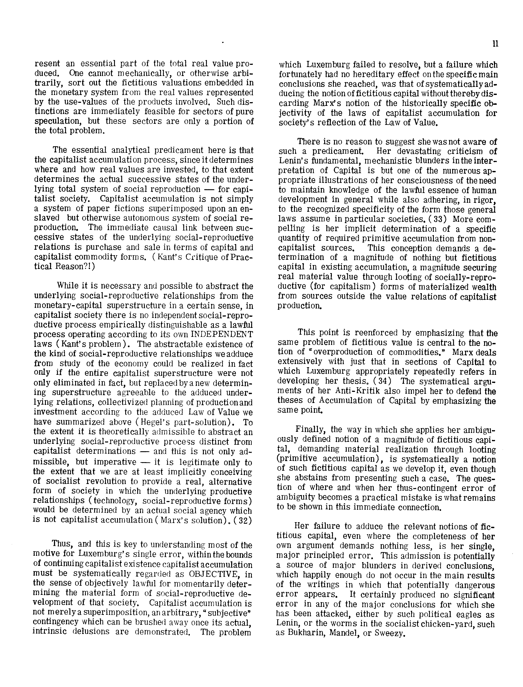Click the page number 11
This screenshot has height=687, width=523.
tap(496, 44)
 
